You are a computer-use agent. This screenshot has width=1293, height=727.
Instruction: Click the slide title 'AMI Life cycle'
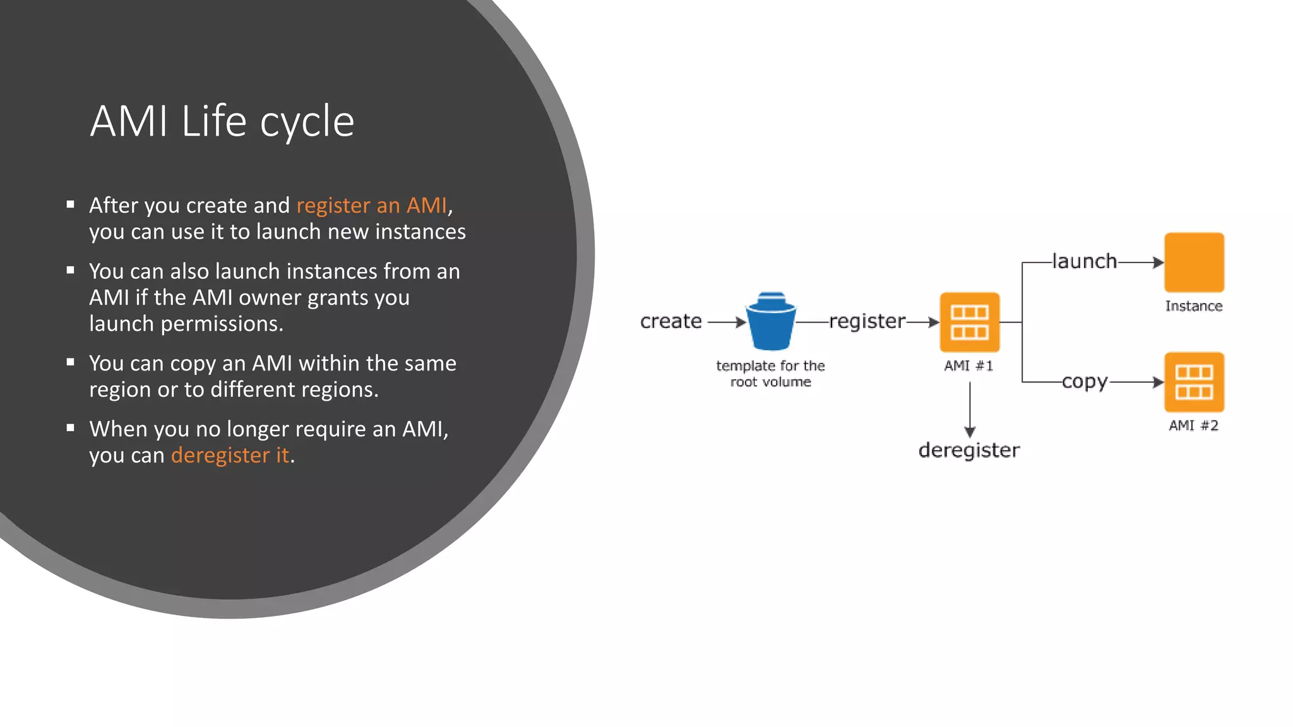[222, 121]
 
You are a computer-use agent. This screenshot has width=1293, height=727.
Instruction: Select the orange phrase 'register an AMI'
[372, 206]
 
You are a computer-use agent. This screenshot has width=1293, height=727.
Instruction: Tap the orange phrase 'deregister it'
[230, 455]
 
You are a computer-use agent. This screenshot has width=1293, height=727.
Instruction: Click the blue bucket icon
[771, 321]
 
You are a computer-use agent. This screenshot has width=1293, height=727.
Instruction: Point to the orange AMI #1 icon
[969, 322]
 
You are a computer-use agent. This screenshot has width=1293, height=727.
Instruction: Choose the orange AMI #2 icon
[1194, 382]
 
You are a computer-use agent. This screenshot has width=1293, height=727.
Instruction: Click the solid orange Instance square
[1194, 262]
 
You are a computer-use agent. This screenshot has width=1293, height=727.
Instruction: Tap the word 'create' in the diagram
[670, 321]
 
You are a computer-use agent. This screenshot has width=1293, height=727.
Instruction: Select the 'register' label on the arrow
[867, 321]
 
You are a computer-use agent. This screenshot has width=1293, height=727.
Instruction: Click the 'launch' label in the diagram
[1084, 261]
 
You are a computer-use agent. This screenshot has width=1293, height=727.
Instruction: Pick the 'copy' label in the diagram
[1084, 382]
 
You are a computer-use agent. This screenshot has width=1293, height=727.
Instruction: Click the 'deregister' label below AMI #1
[969, 450]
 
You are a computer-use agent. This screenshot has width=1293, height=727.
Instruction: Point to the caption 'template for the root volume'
[770, 374]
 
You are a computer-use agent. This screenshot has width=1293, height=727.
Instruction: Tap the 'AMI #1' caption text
[968, 366]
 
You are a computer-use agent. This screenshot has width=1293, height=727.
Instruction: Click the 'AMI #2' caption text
[1193, 425]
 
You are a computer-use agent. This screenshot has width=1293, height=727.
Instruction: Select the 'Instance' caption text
[1193, 306]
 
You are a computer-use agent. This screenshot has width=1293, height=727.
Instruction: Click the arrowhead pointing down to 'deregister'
[970, 432]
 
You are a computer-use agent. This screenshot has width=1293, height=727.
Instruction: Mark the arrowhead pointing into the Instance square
[1158, 262]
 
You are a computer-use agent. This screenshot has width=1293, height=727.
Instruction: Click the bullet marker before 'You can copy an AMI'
[71, 362]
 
